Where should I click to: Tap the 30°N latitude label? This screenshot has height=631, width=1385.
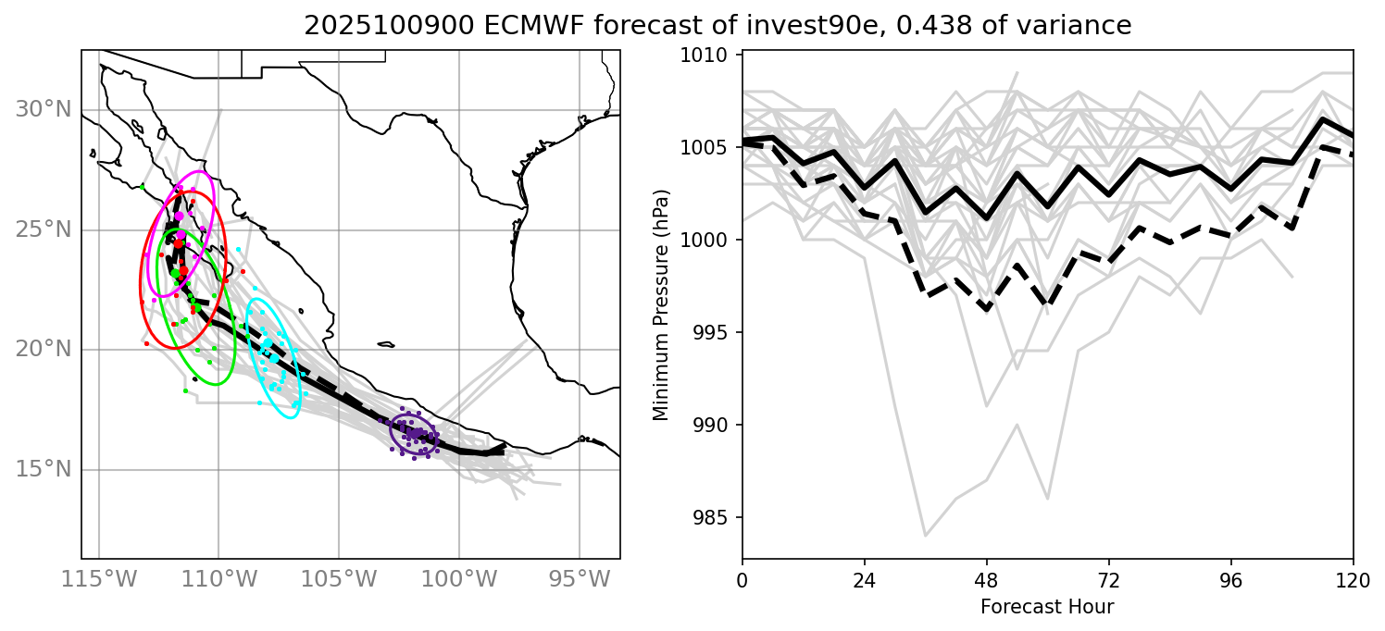43,110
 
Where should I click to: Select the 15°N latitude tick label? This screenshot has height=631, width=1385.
43,469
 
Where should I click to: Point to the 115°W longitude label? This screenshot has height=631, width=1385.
97,581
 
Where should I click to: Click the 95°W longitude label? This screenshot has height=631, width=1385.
580,581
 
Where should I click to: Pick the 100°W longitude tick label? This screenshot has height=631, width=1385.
458,581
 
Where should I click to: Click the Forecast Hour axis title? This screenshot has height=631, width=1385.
1047,608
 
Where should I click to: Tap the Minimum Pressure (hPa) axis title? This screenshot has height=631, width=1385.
661,305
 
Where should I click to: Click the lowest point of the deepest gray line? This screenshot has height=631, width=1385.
925,536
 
